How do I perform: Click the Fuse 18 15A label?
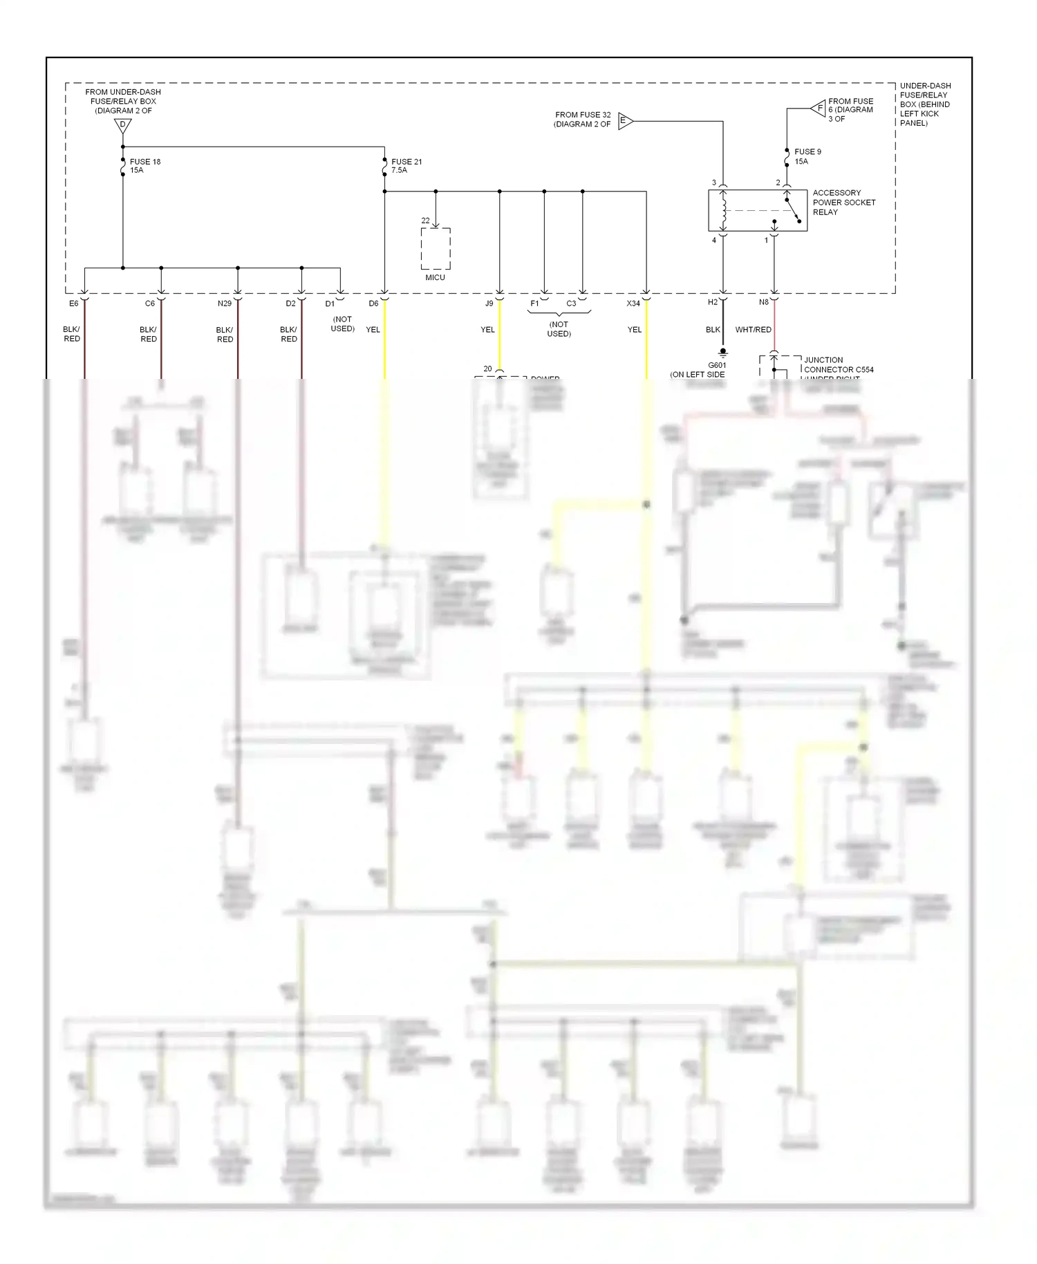coord(144,166)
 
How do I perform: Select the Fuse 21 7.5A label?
coord(406,166)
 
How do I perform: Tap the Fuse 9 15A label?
coord(807,156)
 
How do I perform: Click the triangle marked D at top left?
coord(122,126)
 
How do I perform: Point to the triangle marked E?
coord(624,121)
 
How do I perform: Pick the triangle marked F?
coord(819,109)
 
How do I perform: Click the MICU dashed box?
coord(436,249)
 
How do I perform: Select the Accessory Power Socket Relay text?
coord(843,203)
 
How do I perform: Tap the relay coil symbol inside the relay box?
coord(724,210)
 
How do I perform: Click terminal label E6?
coord(73,304)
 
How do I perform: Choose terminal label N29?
coord(225,304)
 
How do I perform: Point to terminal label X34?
coord(633,304)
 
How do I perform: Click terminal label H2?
coord(713,302)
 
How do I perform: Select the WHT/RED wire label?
coord(753,330)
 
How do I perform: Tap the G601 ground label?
coord(717,365)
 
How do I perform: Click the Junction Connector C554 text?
coord(838,365)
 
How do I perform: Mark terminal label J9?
coord(489,304)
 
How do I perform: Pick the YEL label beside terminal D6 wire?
coord(373,330)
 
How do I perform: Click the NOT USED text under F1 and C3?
coord(559,329)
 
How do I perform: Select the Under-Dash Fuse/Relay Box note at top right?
coord(924,104)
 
